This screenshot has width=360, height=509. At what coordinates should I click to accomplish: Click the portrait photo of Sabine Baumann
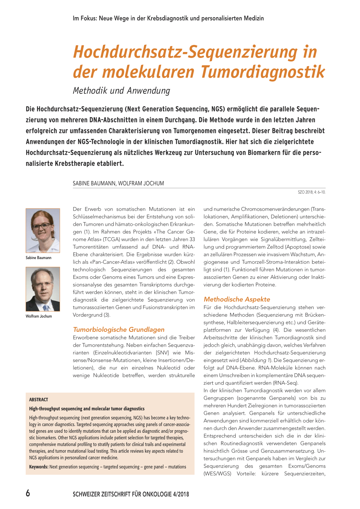(43, 230)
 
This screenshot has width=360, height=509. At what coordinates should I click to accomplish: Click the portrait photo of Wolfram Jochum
(43, 289)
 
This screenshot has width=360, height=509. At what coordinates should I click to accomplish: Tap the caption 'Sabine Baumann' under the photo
(38, 258)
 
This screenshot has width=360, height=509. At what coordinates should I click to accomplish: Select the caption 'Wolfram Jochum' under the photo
(39, 316)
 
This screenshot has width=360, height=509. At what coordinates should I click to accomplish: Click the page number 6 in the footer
(28, 493)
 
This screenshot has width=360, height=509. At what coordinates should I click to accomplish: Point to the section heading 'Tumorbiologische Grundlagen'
(118, 329)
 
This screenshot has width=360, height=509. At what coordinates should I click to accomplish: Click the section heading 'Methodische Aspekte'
(237, 299)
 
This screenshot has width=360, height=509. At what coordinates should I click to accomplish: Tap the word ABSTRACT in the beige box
(39, 400)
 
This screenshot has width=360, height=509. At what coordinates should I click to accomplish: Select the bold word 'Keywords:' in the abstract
(39, 467)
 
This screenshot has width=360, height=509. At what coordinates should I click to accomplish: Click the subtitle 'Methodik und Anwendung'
(121, 91)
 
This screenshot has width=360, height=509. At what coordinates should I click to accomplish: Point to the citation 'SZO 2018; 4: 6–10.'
(311, 192)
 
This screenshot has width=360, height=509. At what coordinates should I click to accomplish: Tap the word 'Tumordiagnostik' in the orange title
(263, 72)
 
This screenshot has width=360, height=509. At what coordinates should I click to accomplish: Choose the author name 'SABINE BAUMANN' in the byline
(94, 183)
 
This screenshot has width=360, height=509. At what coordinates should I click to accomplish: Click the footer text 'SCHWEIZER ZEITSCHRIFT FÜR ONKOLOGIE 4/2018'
(131, 494)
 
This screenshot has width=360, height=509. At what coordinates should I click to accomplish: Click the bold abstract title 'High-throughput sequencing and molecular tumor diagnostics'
(87, 408)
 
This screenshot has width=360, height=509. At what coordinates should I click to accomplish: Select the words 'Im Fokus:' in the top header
(85, 18)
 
